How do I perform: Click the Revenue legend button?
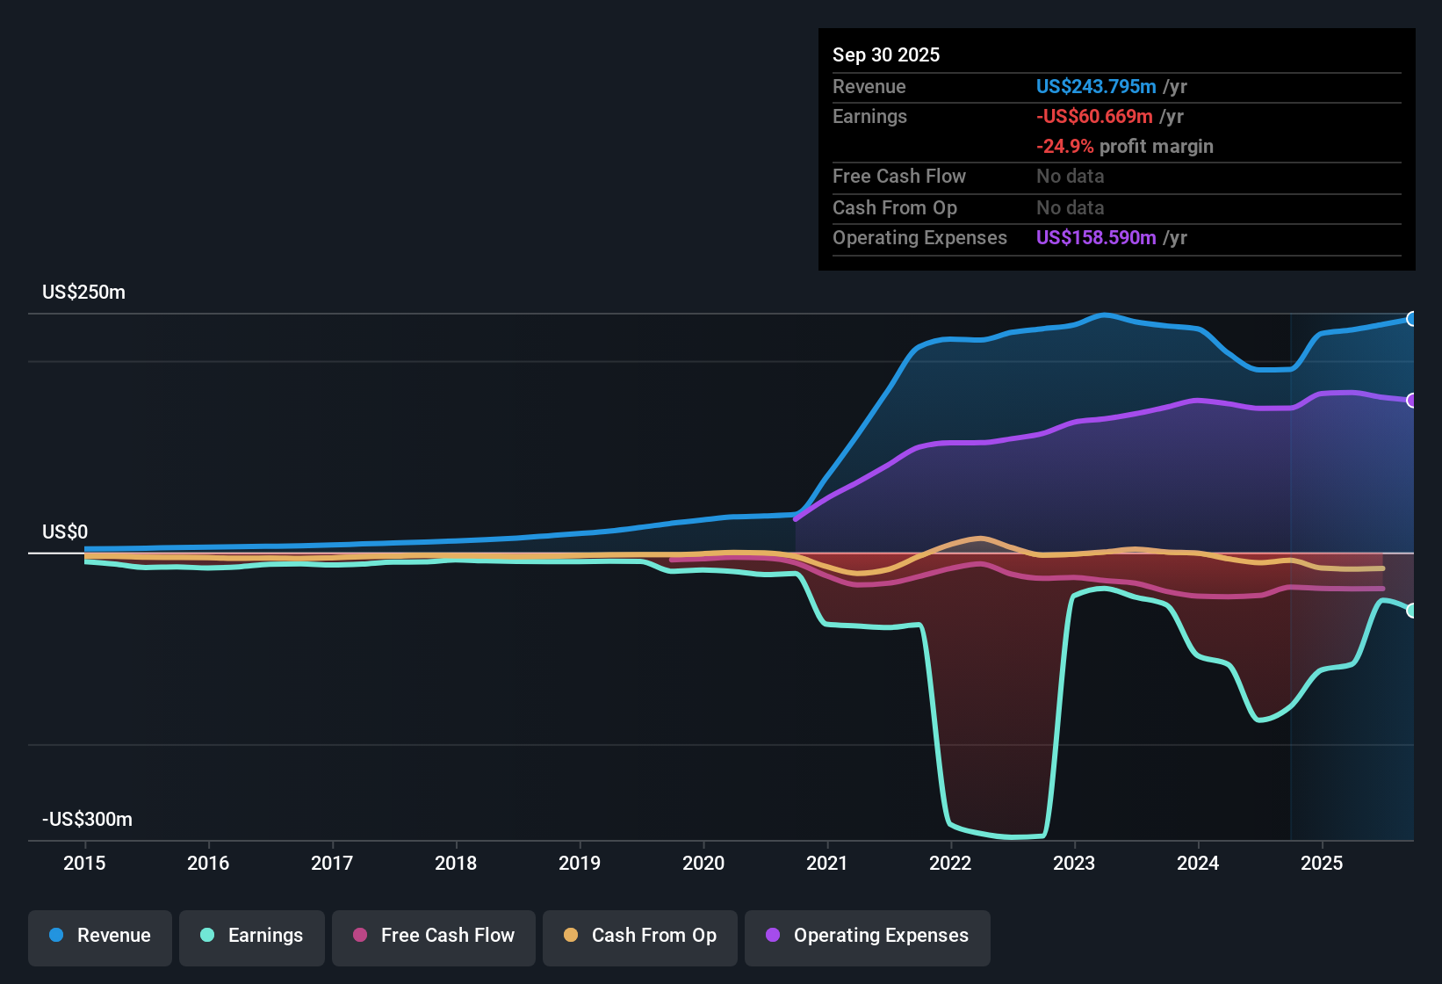[x=100, y=936]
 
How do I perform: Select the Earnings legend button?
[x=252, y=936]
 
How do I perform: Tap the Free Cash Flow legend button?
[x=434, y=936]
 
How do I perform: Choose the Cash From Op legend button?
[x=640, y=936]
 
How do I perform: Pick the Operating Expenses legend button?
[x=868, y=936]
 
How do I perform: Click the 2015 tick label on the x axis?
[x=84, y=863]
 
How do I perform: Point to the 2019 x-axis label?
[x=580, y=863]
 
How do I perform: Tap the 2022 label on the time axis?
[x=950, y=863]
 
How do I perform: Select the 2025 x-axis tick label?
[x=1322, y=863]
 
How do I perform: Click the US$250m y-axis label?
[x=83, y=293]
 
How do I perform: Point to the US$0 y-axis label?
[x=65, y=532]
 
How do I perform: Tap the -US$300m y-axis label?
[x=87, y=820]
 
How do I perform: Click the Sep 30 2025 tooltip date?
[x=886, y=55]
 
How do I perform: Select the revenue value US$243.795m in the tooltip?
[x=1096, y=87]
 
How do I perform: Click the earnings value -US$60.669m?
[x=1094, y=117]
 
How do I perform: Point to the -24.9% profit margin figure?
[x=1065, y=147]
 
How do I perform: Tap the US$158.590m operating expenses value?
[x=1096, y=238]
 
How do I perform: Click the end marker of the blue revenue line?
[x=1411, y=319]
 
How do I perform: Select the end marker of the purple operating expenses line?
[x=1411, y=401]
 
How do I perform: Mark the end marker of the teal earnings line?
[x=1411, y=611]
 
